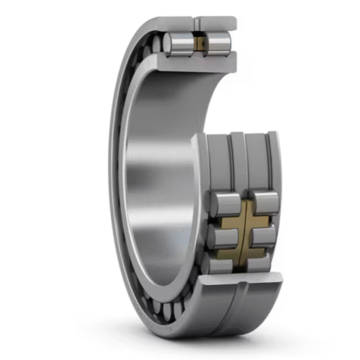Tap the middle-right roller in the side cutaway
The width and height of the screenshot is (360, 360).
click(x=263, y=235)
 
